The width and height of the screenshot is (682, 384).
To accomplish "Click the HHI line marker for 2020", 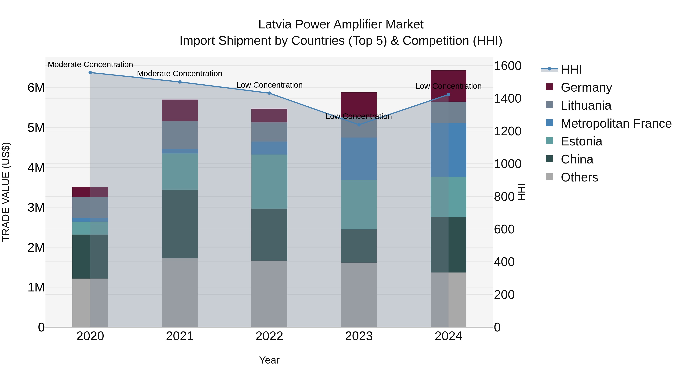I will (x=90, y=72).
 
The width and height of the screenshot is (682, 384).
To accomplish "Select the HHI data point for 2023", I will (x=359, y=125).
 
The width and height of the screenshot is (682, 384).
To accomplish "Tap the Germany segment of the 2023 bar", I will (x=359, y=102).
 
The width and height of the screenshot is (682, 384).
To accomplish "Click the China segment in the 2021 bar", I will (x=180, y=224).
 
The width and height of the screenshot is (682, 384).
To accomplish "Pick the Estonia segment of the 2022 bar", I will (x=269, y=181).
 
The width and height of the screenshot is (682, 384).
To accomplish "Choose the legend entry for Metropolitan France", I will (x=616, y=123).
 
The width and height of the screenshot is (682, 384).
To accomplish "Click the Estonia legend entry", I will (x=581, y=141).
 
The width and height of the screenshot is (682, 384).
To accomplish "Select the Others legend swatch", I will (x=550, y=177).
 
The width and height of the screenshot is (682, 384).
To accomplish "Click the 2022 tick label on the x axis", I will (x=269, y=336).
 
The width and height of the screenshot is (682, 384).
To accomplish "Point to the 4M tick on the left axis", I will (x=36, y=167).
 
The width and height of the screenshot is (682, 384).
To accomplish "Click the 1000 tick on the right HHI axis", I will (x=507, y=164).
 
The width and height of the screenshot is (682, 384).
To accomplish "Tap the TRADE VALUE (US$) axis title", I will (x=6, y=192).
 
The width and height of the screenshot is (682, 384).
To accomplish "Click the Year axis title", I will (x=269, y=360).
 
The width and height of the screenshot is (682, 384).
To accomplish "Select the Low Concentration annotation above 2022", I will (x=269, y=85).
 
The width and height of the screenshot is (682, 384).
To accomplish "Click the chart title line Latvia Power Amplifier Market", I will (x=341, y=24).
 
